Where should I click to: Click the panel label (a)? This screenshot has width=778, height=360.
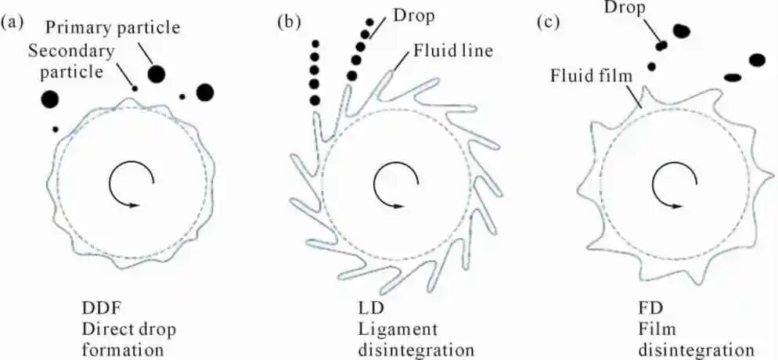pos(12,23)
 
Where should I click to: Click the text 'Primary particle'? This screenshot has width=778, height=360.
pos(112,27)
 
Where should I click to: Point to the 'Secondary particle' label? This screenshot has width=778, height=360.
pos(72,61)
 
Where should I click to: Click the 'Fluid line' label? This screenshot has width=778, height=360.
pos(451,51)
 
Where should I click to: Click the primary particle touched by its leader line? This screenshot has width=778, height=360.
pos(157,74)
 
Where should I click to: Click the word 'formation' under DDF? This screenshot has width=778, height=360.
pos(123,350)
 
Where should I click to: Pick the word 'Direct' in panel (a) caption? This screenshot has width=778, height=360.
pos(104,329)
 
